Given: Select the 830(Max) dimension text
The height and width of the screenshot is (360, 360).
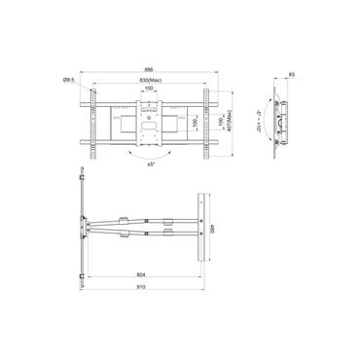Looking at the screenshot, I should pos(149,81).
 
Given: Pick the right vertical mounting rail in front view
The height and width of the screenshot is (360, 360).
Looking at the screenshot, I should pos(207,120).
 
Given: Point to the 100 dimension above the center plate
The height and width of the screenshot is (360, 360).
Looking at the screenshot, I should pos(148,90).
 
